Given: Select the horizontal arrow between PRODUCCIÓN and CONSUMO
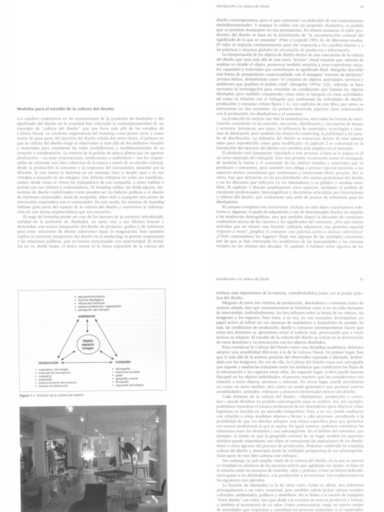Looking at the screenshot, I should [88, 375].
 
